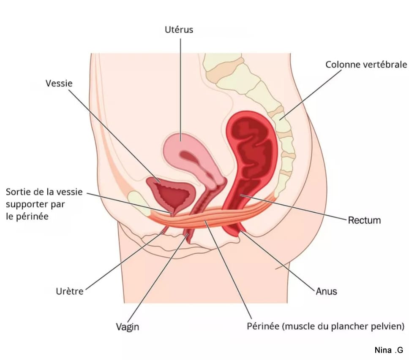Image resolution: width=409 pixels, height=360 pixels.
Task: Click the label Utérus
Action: pyautogui.click(x=179, y=30)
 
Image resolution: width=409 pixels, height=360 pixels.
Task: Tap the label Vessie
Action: pyautogui.click(x=59, y=84)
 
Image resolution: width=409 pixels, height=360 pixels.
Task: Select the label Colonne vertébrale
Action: pyautogui.click(x=366, y=65)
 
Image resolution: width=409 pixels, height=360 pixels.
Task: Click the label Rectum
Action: pyautogui.click(x=364, y=220)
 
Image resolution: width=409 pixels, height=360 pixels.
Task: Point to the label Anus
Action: pyautogui.click(x=326, y=291)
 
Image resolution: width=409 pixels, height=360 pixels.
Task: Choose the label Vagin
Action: pyautogui.click(x=127, y=327)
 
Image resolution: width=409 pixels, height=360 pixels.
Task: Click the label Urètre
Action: pyautogui.click(x=70, y=291)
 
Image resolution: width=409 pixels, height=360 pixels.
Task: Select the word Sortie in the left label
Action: pyautogui.click(x=18, y=192)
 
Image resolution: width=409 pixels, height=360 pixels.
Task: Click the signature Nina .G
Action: pyautogui.click(x=389, y=350)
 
